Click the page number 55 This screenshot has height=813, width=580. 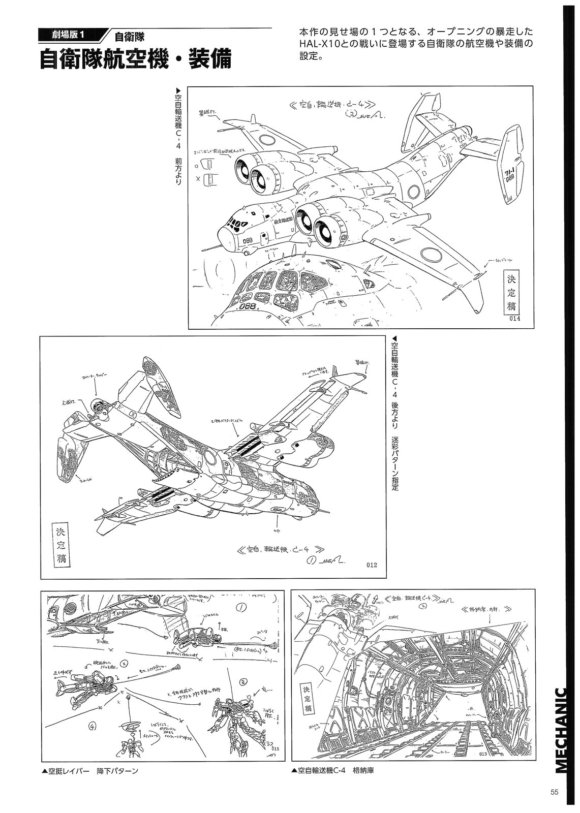[555, 793]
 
